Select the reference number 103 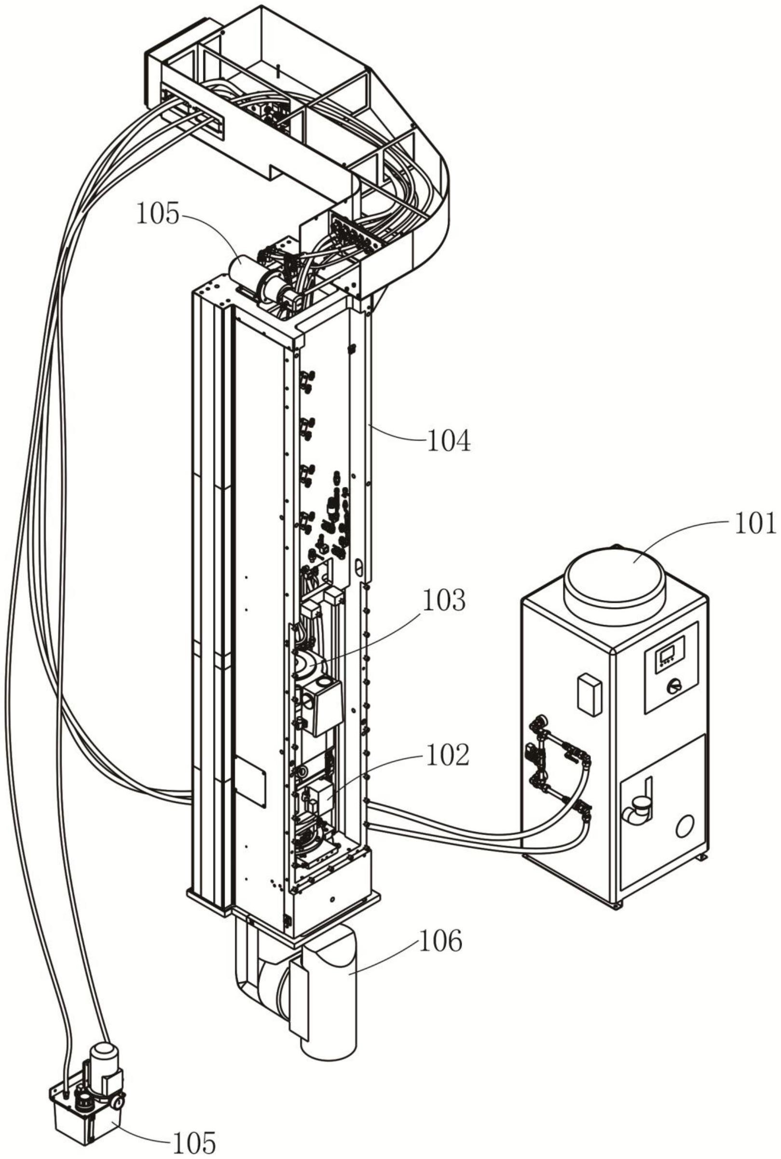coord(444,601)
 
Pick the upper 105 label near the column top coord(158,215)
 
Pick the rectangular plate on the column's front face coord(250,782)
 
